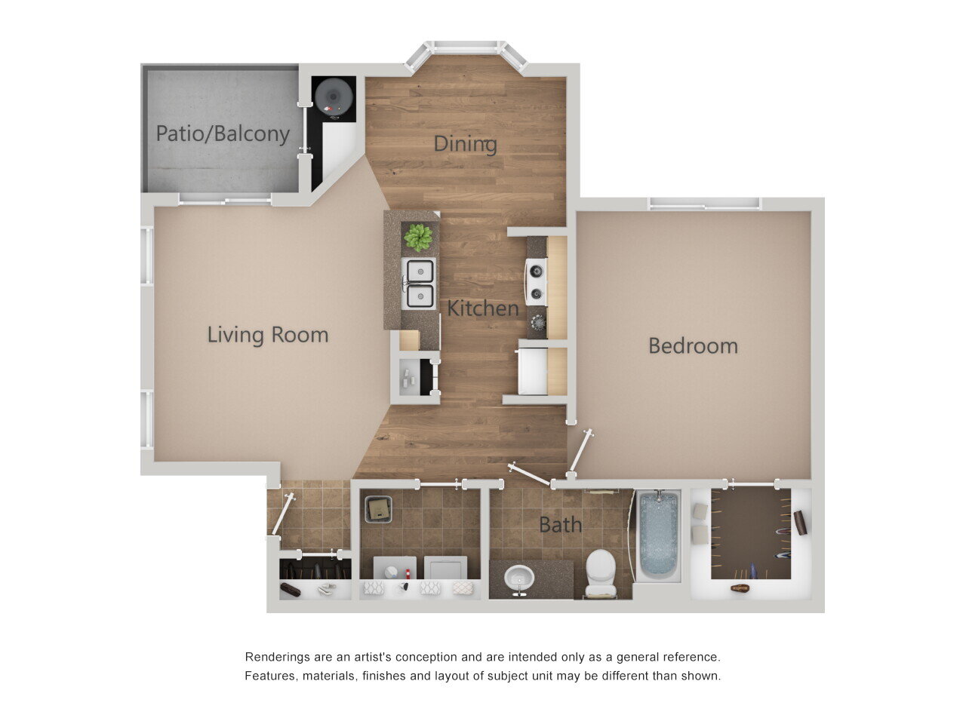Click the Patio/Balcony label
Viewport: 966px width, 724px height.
pyautogui.click(x=223, y=134)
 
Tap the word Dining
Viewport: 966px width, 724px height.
pyautogui.click(x=465, y=143)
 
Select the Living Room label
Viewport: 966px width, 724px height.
pyautogui.click(x=268, y=334)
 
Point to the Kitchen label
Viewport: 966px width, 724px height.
pyautogui.click(x=483, y=308)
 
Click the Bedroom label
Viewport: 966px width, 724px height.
pyautogui.click(x=693, y=345)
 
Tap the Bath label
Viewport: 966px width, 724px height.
pyautogui.click(x=560, y=524)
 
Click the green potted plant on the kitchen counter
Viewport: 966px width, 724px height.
pyautogui.click(x=418, y=238)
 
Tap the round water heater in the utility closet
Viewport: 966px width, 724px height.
pyautogui.click(x=333, y=97)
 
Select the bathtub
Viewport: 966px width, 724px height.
pyautogui.click(x=660, y=535)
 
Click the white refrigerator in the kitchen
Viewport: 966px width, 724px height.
pyautogui.click(x=533, y=370)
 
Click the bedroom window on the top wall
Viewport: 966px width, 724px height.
pyautogui.click(x=704, y=204)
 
